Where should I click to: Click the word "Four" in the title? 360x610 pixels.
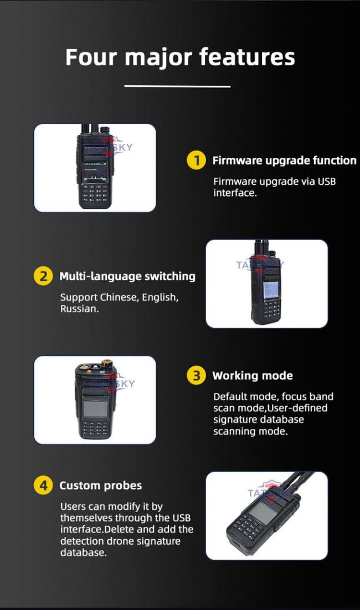91,57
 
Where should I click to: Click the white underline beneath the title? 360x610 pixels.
177,86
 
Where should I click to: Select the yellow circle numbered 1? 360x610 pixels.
196,160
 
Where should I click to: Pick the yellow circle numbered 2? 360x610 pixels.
43,276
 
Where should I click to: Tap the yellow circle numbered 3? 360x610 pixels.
196,375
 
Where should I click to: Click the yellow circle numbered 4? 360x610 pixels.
43,485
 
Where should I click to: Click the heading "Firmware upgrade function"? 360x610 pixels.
284,161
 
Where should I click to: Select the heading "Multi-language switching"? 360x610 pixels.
127,276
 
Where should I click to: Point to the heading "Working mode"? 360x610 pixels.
253,376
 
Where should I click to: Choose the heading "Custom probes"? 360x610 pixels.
100,486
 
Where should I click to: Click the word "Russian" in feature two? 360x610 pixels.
79,309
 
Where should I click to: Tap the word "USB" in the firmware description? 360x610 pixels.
327,182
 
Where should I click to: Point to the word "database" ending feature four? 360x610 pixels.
83,552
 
